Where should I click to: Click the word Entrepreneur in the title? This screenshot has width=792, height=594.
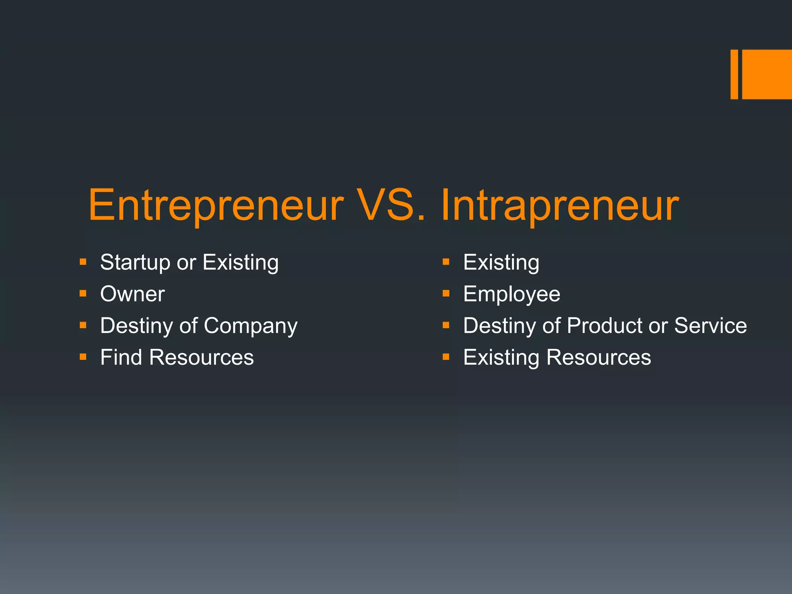[216, 205]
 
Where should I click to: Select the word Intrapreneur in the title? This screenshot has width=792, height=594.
[559, 205]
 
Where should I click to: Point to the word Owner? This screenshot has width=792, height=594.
[132, 294]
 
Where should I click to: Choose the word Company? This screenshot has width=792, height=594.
[251, 326]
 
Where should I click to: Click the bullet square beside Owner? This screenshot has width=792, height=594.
[83, 294]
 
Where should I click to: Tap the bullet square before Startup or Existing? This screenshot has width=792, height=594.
[83, 262]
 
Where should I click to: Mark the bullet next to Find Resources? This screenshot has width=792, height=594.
[83, 357]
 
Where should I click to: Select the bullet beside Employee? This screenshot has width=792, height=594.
[446, 294]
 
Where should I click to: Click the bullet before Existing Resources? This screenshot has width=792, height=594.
[446, 357]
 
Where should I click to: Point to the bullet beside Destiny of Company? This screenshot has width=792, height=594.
[83, 325]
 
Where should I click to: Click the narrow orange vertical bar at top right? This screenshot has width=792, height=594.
[734, 74]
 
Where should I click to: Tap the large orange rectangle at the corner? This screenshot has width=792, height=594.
[767, 74]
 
